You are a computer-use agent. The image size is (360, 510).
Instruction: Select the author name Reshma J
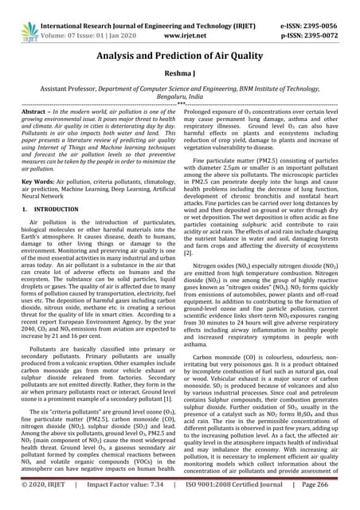(180, 73)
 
